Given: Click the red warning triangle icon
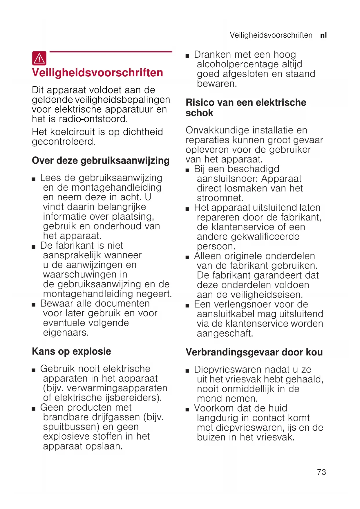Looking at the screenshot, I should tap(39, 58).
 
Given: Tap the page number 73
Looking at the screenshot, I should tap(321, 472).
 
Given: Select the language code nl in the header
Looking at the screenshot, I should tap(323, 35).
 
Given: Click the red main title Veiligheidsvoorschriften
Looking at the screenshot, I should tap(97, 73).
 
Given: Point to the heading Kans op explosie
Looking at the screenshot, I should tap(71, 351).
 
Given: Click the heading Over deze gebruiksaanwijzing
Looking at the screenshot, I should tap(100, 160).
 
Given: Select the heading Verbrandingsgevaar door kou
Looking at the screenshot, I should tap(254, 352).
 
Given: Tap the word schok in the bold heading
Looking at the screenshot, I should tap(199, 113).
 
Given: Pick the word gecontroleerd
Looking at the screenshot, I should tap(63, 142).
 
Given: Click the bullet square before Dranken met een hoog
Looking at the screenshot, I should tap(187, 55).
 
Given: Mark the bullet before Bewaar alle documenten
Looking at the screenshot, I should tap(34, 304).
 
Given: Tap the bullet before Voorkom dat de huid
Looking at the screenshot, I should tap(187, 409).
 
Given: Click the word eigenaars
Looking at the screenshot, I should tap(66, 332).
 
